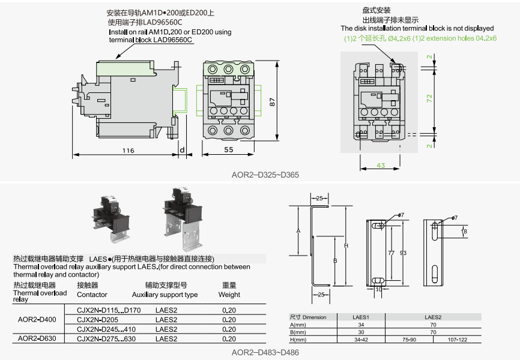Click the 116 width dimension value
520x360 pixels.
(128, 151)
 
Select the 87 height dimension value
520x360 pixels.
(272, 101)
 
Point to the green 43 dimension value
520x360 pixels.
(381, 165)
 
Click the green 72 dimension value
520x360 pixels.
(429, 99)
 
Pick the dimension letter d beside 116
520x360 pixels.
(181, 150)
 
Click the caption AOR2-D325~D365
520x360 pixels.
(265, 175)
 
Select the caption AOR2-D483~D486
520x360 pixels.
(265, 352)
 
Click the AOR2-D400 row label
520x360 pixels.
(37, 319)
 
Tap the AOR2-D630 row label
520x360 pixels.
(37, 338)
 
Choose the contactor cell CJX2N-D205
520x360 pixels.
(100, 319)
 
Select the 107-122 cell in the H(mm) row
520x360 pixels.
(458, 340)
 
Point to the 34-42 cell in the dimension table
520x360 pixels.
(360, 340)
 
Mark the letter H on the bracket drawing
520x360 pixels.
(346, 245)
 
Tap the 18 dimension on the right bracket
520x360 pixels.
(464, 231)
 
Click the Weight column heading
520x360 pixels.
(229, 295)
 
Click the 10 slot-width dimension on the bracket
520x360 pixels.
(378, 289)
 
